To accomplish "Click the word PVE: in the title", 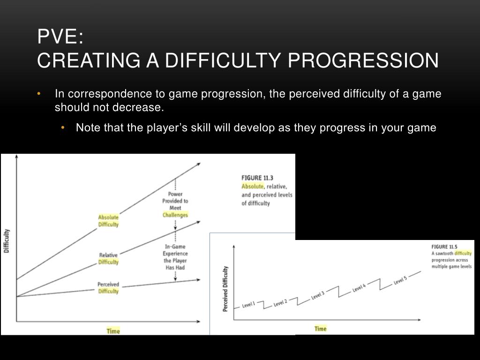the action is click(60, 37).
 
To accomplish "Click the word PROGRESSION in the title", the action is click(363, 60).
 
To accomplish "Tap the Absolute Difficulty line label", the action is click(108, 221).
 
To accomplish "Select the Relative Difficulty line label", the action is click(108, 258).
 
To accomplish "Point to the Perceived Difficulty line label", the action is click(108, 287).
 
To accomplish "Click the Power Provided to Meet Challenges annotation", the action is click(175, 204).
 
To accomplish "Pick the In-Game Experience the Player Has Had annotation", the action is click(175, 257).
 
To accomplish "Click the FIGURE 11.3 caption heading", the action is click(257, 178).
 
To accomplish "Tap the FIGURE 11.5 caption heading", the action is click(444, 247).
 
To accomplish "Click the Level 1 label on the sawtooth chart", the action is click(248, 305).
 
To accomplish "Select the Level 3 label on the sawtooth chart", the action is click(317, 295).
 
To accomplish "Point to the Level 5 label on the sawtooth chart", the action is click(400, 280).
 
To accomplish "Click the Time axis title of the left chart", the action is click(113, 331).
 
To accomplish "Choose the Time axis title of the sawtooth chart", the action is click(321, 329).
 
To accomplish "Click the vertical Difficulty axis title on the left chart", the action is click(7, 241).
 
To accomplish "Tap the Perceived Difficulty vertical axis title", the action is click(225, 289).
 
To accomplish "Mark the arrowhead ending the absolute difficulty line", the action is click(199, 165).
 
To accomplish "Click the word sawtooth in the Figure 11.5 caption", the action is click(444, 254).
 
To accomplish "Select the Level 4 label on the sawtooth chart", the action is click(359, 288).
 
